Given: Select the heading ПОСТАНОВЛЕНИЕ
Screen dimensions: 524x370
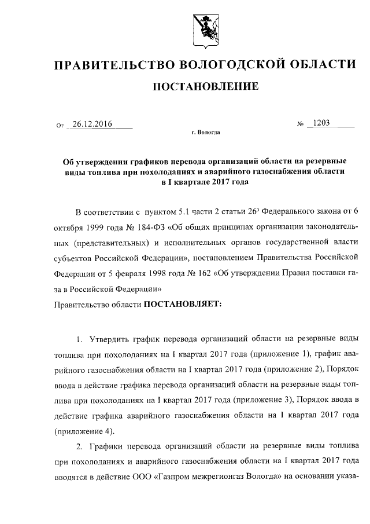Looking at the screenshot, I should pyautogui.click(x=205, y=87).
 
